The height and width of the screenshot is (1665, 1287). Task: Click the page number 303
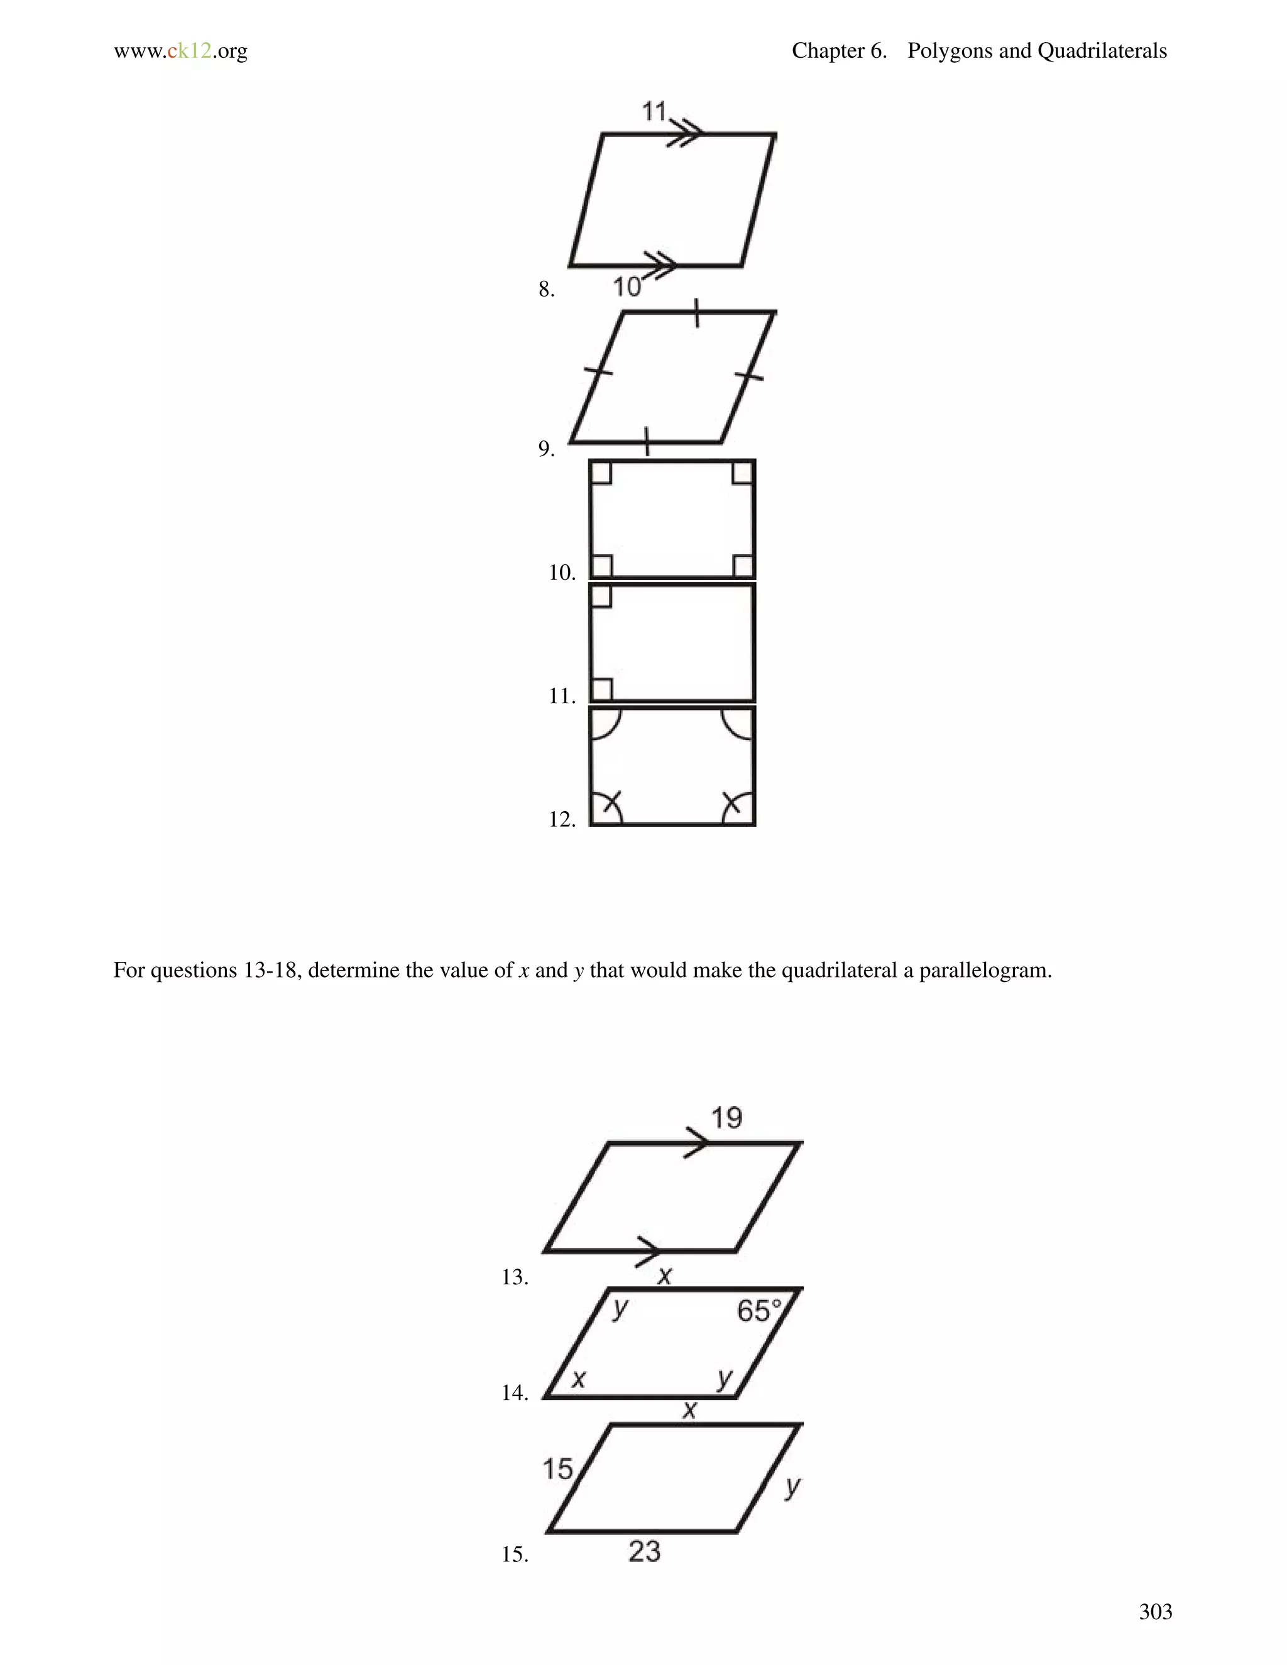point(1155,1611)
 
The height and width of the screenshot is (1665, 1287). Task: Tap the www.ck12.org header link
point(181,51)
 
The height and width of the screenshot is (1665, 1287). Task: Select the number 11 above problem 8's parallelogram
point(654,111)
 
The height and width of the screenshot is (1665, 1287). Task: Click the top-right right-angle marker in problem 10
point(743,472)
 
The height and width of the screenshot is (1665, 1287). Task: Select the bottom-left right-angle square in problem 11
point(601,689)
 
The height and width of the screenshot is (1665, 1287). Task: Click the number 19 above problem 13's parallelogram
point(726,1118)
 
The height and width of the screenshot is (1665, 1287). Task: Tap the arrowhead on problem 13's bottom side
point(648,1251)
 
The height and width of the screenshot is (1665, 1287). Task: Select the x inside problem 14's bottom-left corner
point(579,1378)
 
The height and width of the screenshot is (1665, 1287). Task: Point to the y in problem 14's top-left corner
point(621,1307)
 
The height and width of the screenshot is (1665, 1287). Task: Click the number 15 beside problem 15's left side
point(557,1469)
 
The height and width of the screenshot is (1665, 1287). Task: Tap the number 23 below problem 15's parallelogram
point(644,1551)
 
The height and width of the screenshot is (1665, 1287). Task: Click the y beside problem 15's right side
point(793,1486)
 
